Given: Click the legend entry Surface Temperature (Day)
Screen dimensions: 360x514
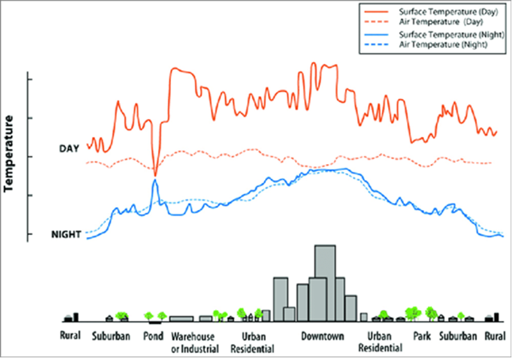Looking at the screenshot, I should tap(437, 11).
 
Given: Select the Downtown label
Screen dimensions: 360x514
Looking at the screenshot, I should tap(323, 336).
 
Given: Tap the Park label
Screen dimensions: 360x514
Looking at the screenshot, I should tap(421, 336).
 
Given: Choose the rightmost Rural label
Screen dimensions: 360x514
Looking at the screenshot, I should tap(495, 336).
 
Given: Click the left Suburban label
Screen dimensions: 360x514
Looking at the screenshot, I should tap(111, 336).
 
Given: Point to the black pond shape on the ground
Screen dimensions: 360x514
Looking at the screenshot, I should tap(155, 322).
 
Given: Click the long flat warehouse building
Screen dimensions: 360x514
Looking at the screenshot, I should tap(181, 318).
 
